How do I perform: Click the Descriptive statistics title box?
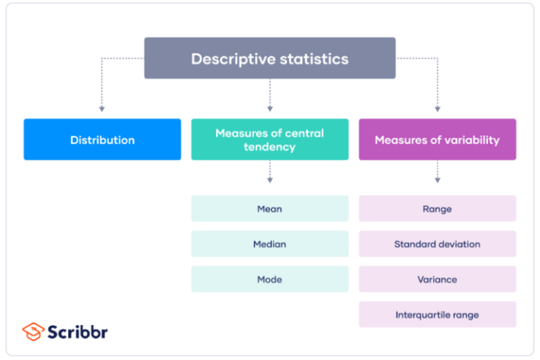pyautogui.click(x=270, y=58)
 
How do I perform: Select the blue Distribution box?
pyautogui.click(x=102, y=139)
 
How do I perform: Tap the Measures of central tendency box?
pyautogui.click(x=270, y=139)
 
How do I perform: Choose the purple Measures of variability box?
pyautogui.click(x=437, y=139)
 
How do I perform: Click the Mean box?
pyautogui.click(x=270, y=209)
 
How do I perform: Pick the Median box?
pyautogui.click(x=270, y=244)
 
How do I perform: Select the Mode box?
pyautogui.click(x=270, y=279)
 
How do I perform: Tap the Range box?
pyautogui.click(x=437, y=209)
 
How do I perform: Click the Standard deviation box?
pyautogui.click(x=437, y=244)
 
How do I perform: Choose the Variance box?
pyautogui.click(x=437, y=279)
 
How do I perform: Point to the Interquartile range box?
pyautogui.click(x=437, y=314)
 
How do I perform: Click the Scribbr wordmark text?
pyautogui.click(x=78, y=331)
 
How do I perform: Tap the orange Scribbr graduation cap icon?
pyautogui.click(x=33, y=330)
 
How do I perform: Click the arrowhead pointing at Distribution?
pyautogui.click(x=102, y=109)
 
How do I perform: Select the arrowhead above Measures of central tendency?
pyautogui.click(x=270, y=109)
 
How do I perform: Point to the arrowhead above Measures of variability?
pyautogui.click(x=437, y=109)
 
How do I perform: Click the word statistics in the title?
pyautogui.click(x=311, y=58)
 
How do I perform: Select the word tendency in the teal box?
pyautogui.click(x=270, y=147)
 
